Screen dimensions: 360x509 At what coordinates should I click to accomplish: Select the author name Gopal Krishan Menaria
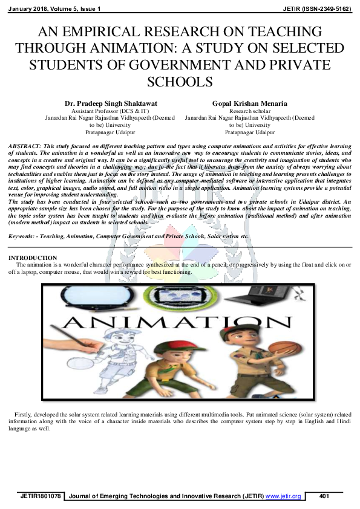coord(249,104)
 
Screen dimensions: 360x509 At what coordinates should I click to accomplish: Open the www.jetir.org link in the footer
coord(283,496)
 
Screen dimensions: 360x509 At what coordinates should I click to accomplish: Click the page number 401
coord(324,496)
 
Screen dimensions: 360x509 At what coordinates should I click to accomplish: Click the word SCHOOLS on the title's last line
coord(180,82)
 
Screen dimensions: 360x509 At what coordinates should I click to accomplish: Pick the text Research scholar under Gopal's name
coord(249,111)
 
